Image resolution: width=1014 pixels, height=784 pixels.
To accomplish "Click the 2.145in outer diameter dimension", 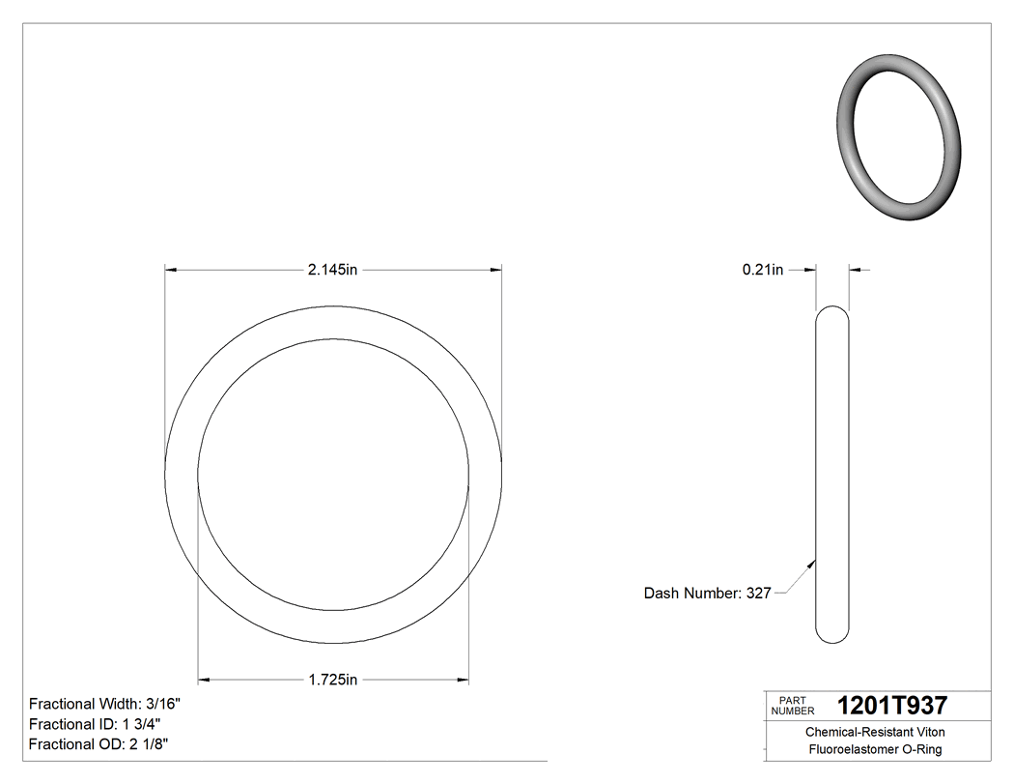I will pos(332,270).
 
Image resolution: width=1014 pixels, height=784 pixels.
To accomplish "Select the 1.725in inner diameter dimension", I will pos(332,681).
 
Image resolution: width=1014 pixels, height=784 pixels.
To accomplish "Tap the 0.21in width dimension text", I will pos(762,270).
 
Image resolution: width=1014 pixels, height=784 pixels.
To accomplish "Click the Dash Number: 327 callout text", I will pos(707,594).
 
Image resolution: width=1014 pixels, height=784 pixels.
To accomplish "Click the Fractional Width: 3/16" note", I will pos(104,705).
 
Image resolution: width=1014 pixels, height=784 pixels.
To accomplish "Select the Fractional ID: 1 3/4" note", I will pos(95,724).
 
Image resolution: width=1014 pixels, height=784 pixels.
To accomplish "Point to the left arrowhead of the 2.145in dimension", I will pos(171,270).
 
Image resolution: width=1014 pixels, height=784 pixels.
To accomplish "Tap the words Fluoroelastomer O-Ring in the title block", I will pos(875,750).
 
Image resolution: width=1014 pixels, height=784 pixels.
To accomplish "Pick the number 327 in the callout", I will pos(758,594).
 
